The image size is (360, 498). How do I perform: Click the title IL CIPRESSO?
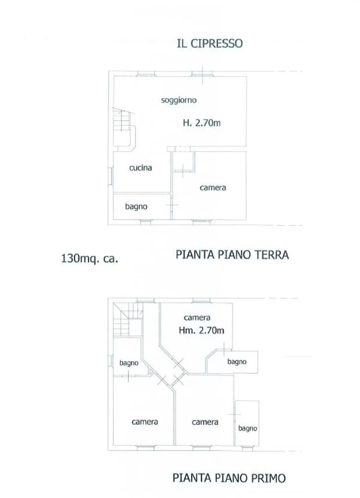pyautogui.click(x=210, y=43)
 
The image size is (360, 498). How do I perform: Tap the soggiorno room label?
pyautogui.click(x=179, y=101)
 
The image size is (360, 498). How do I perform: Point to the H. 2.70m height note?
pyautogui.click(x=202, y=123)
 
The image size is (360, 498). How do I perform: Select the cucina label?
pyautogui.click(x=141, y=168)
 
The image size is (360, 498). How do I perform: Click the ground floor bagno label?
pyautogui.click(x=136, y=207)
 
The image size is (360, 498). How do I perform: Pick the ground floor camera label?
pyautogui.click(x=213, y=188)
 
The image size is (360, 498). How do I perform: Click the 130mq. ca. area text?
pyautogui.click(x=90, y=259)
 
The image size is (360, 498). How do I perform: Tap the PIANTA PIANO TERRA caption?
pyautogui.click(x=232, y=255)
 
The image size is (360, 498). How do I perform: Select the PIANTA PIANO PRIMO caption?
pyautogui.click(x=229, y=478)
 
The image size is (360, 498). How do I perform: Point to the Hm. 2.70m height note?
pyautogui.click(x=201, y=330)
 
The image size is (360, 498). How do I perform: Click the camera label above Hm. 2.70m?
pyautogui.click(x=197, y=318)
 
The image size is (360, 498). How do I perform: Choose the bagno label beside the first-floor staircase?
pyautogui.click(x=129, y=363)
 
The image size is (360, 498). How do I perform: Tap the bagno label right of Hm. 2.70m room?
pyautogui.click(x=237, y=362)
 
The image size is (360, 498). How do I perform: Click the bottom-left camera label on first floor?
pyautogui.click(x=145, y=422)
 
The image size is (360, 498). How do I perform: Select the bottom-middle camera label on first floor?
pyautogui.click(x=205, y=422)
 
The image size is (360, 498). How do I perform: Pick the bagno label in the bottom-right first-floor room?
pyautogui.click(x=248, y=428)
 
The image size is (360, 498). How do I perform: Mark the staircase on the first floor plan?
pyautogui.click(x=128, y=319)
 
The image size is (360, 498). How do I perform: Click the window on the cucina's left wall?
pyautogui.click(x=110, y=176)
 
